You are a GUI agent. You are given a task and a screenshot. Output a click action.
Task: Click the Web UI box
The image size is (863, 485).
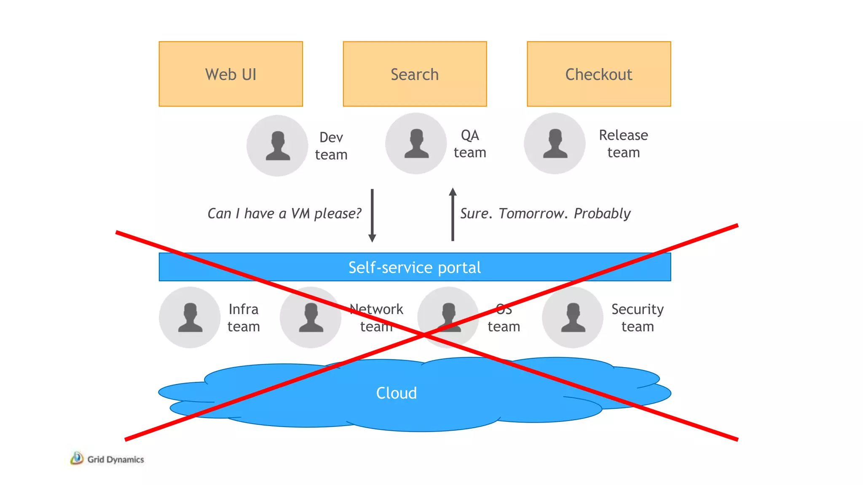pos(230,74)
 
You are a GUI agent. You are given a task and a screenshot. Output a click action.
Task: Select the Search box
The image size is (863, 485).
pos(415,74)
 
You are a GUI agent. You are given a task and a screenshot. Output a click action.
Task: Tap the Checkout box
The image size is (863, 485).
pos(598,74)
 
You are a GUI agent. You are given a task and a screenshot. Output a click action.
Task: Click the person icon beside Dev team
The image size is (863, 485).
pos(277,146)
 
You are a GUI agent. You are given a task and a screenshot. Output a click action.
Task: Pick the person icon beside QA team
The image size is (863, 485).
pos(416,144)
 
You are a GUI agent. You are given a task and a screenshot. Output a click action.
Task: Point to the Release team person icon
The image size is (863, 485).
pos(555,144)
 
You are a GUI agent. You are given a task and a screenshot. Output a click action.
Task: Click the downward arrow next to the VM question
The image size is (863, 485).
pos(372,216)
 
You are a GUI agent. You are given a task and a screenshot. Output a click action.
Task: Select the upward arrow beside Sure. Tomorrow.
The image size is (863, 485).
pos(453,214)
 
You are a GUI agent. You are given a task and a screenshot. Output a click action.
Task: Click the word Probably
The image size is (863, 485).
pos(602,213)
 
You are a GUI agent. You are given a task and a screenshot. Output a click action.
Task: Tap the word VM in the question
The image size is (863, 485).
pos(300,213)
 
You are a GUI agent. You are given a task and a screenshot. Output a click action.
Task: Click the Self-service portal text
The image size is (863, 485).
pos(414,267)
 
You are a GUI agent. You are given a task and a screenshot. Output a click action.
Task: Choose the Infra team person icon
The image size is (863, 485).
pos(190,317)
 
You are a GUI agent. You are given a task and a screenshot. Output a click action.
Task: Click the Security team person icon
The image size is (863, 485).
pos(573,317)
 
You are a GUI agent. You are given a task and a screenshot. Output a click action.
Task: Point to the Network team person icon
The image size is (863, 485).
pos(311,317)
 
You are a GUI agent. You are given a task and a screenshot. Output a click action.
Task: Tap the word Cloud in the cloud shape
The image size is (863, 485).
pos(396,393)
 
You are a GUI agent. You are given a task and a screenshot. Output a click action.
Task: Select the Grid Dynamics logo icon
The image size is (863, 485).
pos(77,458)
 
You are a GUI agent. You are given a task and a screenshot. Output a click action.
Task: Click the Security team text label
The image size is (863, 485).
pos(637,317)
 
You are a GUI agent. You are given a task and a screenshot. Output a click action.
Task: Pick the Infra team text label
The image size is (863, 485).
pos(244,317)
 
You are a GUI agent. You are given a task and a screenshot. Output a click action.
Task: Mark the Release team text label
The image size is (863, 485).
pos(623,144)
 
